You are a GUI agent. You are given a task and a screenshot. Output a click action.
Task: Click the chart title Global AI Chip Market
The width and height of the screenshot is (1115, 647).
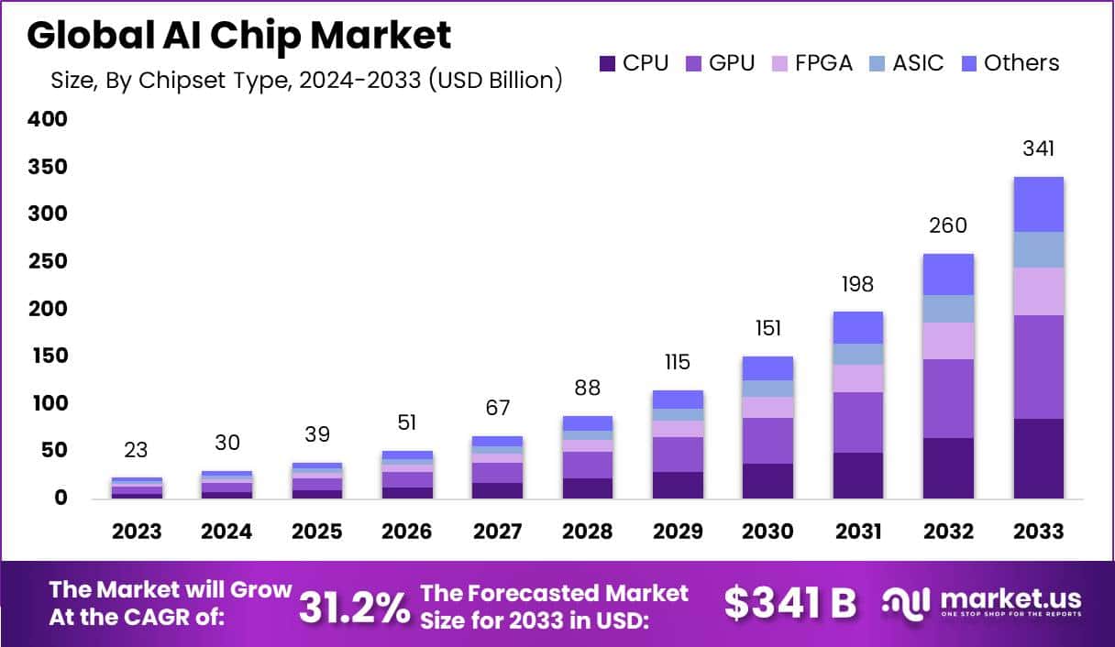238,36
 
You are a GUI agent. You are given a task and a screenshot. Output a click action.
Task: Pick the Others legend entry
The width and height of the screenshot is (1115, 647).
1010,63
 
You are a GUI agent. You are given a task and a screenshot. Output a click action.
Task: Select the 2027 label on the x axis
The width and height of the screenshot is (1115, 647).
497,532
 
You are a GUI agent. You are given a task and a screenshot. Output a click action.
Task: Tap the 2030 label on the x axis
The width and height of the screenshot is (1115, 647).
768,532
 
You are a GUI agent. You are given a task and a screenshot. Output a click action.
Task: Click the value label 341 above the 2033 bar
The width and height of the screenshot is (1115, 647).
1039,148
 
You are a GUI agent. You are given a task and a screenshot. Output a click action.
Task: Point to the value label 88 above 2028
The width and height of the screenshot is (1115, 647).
587,388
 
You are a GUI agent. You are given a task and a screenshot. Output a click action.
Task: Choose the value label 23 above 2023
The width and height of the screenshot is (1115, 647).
137,450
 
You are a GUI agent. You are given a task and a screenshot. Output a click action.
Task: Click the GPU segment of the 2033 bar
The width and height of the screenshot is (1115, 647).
1039,367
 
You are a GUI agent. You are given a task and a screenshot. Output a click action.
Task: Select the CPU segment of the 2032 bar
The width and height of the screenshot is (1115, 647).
948,467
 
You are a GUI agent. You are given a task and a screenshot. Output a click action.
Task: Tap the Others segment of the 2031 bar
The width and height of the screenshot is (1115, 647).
858,327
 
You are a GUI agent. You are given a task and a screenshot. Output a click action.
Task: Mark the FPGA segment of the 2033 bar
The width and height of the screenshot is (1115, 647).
1039,291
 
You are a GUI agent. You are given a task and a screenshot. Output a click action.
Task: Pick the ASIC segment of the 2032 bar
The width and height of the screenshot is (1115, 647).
948,308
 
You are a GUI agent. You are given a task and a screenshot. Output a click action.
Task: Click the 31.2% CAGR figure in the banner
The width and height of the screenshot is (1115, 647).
355,605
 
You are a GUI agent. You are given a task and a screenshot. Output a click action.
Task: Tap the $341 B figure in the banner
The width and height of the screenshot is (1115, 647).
789,603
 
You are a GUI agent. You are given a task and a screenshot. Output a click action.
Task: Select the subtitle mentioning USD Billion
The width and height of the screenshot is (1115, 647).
306,80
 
